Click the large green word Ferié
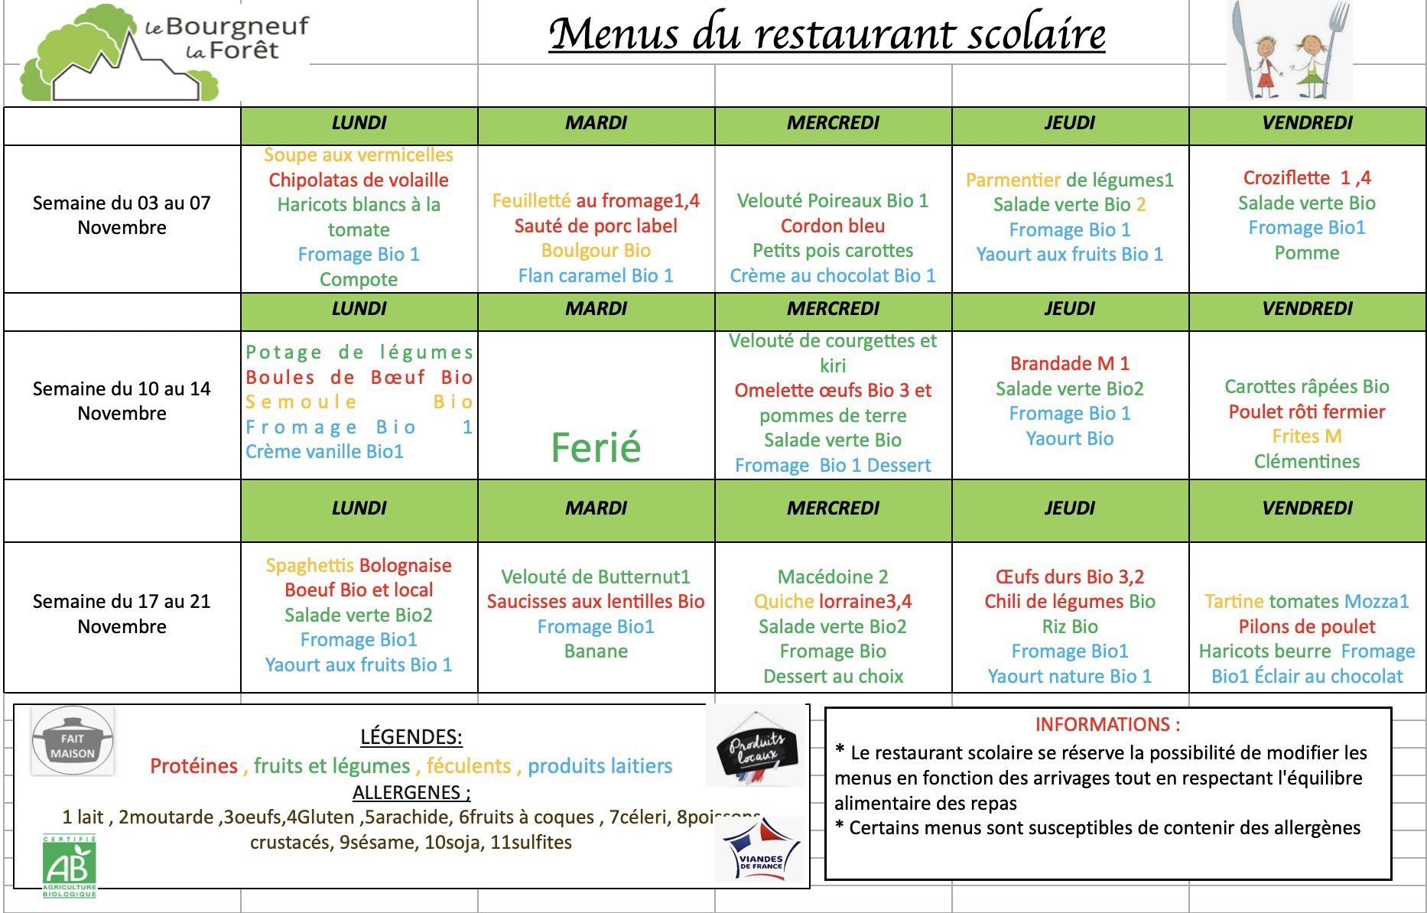pos(596,447)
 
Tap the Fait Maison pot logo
pos(73,741)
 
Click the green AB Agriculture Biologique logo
pos(70,866)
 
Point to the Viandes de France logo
pos(761,850)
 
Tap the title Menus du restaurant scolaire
pos(827,34)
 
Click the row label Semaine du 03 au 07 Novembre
pos(122,215)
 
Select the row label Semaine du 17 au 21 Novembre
pos(122,613)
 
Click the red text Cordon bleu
pos(832,226)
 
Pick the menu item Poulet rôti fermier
pos(1306,411)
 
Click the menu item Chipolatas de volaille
pos(359,180)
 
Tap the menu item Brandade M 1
pos(1069,363)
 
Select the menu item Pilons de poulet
pos(1306,626)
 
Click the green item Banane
pos(596,651)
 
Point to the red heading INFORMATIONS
pos(1107,724)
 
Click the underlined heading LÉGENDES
pos(411,736)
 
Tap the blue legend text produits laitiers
pos(600,765)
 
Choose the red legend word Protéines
pos(193,765)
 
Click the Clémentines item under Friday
pos(1306,461)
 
